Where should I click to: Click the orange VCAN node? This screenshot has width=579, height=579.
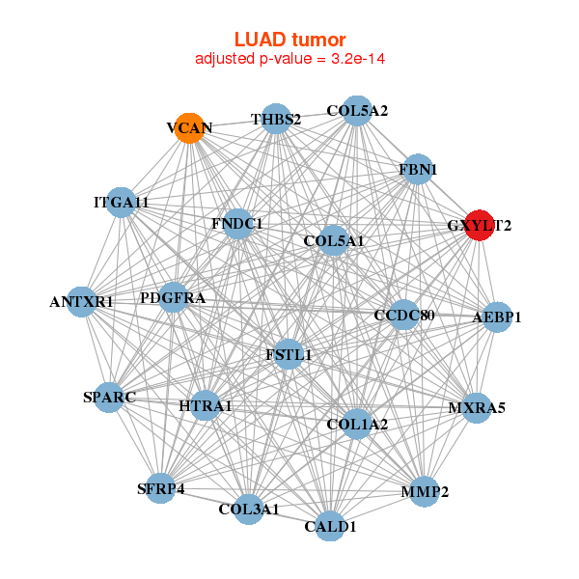(x=190, y=128)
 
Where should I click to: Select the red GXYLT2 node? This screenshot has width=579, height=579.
(x=480, y=226)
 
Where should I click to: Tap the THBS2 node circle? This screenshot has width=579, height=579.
(x=276, y=120)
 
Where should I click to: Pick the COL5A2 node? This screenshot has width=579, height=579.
(x=357, y=111)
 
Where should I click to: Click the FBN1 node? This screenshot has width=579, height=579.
(x=418, y=170)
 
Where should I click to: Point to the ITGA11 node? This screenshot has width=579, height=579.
(x=121, y=203)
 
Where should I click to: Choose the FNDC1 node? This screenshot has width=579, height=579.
(x=236, y=224)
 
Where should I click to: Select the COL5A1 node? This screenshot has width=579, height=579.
(x=333, y=240)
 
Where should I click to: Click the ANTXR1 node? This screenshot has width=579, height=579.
(x=82, y=301)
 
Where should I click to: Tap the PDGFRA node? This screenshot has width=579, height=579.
(x=173, y=298)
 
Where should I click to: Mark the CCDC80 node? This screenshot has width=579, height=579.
(x=403, y=316)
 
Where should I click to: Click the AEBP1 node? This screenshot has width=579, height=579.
(x=496, y=317)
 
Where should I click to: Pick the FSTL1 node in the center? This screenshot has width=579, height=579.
(x=289, y=354)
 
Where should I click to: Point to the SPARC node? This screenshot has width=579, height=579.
(x=109, y=397)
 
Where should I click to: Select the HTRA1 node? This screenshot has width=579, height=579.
(x=206, y=405)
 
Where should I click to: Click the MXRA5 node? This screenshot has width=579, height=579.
(x=477, y=407)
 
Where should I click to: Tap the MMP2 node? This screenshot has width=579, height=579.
(x=425, y=492)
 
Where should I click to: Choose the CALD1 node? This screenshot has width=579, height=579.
(x=331, y=526)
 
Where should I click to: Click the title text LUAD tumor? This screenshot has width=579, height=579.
(x=289, y=40)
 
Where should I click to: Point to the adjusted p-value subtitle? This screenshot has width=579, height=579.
(x=289, y=59)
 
